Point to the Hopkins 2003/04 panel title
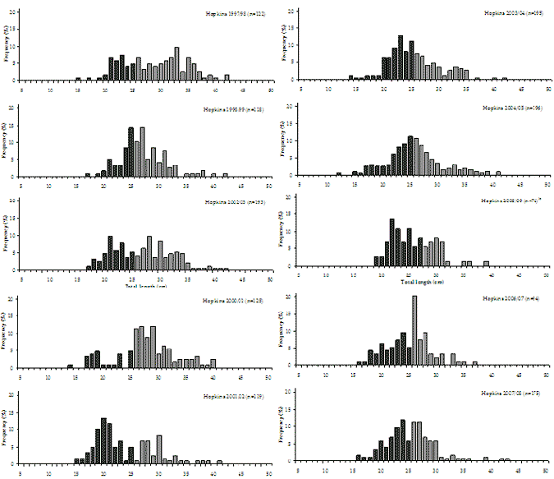[x=517, y=14]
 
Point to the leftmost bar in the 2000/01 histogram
[x=71, y=366]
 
